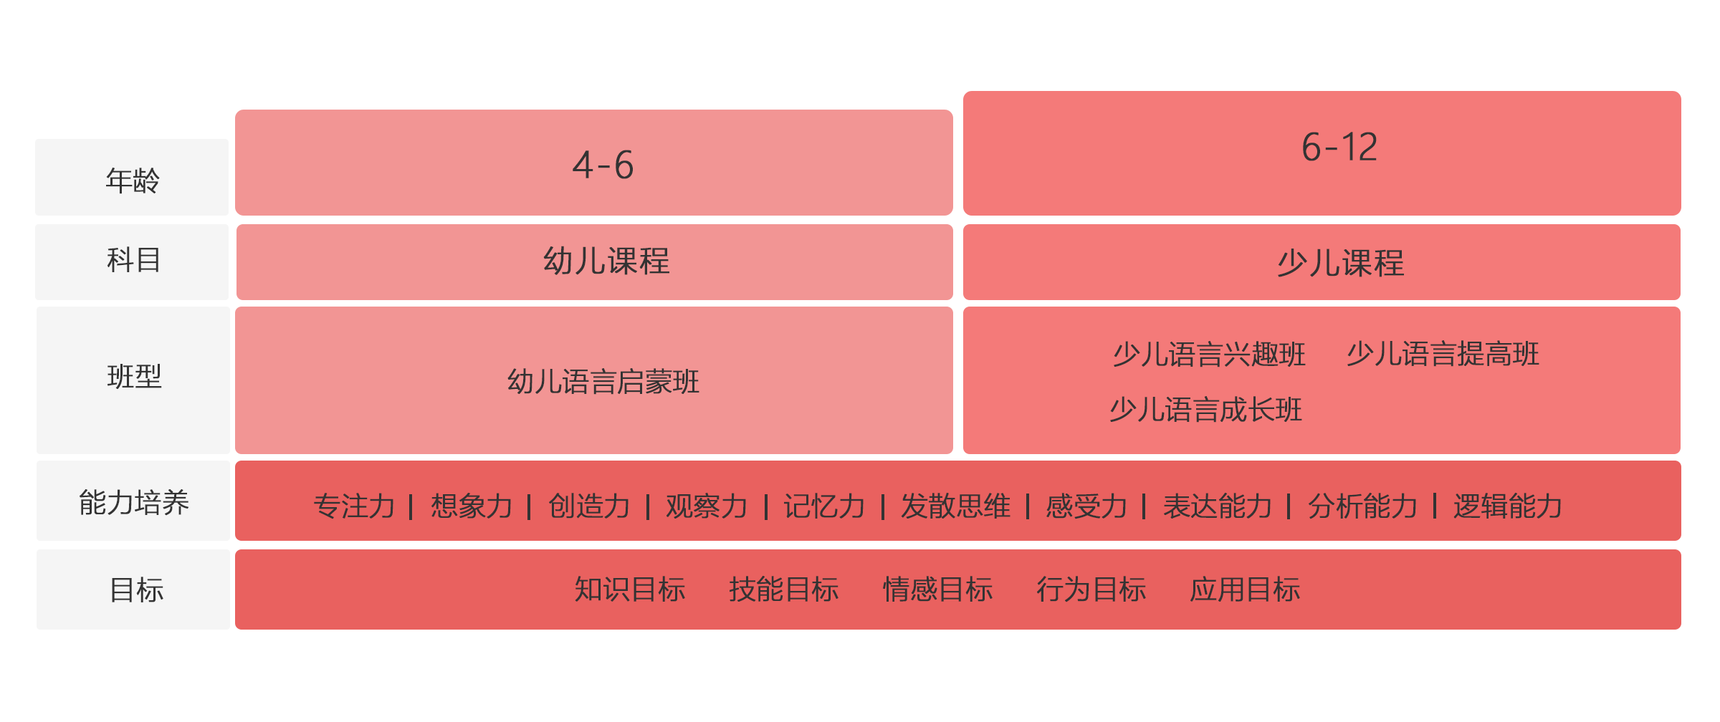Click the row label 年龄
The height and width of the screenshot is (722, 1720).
click(x=133, y=180)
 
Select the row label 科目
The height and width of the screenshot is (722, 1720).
click(x=134, y=260)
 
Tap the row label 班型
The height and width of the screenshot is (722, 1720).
click(x=134, y=377)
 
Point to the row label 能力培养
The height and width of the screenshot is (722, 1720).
click(x=134, y=503)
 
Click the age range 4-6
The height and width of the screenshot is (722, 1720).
click(x=603, y=165)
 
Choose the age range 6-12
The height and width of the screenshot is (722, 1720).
click(x=1339, y=147)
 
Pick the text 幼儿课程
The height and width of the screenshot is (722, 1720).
click(x=606, y=261)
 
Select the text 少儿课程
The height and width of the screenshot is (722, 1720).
click(x=1340, y=263)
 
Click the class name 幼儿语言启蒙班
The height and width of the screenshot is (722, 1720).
click(x=603, y=382)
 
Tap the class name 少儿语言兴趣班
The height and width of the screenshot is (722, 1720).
click(x=1209, y=355)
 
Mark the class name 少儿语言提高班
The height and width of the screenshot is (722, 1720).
click(x=1443, y=354)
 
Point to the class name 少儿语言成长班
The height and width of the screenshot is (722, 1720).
click(x=1206, y=410)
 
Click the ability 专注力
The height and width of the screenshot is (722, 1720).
click(x=354, y=506)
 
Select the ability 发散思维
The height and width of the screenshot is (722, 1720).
click(x=955, y=506)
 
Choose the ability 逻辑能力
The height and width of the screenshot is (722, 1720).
click(x=1508, y=506)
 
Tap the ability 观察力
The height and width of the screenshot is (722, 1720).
click(x=707, y=506)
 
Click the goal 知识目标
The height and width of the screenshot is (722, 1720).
click(x=630, y=589)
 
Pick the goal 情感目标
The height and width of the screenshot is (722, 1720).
click(x=937, y=589)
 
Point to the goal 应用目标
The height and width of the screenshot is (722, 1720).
click(x=1245, y=589)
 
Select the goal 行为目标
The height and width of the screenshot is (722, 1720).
click(x=1091, y=589)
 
